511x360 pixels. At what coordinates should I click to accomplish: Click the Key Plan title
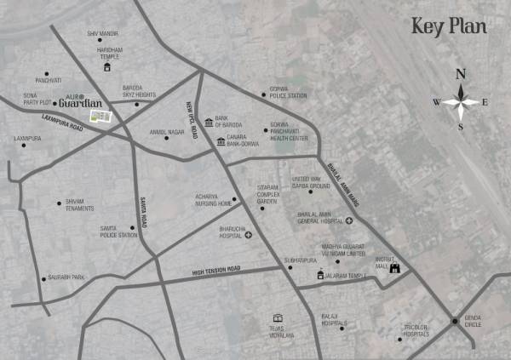point(449,26)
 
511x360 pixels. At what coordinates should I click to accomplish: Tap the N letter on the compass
point(461,72)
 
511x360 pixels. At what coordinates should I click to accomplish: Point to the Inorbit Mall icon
point(394,268)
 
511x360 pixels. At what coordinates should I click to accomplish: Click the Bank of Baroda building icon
point(210,123)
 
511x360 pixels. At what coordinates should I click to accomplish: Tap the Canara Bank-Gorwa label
point(244,141)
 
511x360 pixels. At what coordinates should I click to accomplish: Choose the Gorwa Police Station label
point(288,94)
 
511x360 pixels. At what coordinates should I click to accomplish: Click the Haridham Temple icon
point(107,66)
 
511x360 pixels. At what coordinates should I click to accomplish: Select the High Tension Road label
point(216,270)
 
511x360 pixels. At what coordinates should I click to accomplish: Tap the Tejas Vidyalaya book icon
point(277,318)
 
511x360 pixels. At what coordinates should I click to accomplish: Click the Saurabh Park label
point(67,277)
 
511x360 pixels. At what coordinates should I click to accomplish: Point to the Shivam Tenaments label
point(81,204)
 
